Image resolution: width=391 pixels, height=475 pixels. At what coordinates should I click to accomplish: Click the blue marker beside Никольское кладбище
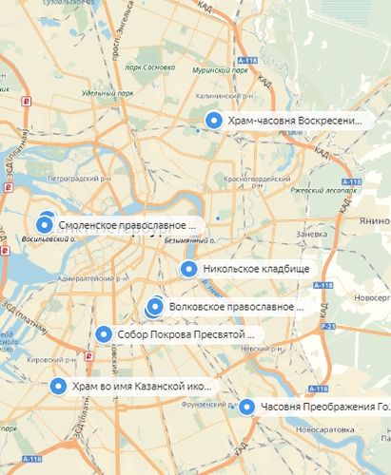[x=188, y=269]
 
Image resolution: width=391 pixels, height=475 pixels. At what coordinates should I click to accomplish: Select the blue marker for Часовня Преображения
[x=247, y=408]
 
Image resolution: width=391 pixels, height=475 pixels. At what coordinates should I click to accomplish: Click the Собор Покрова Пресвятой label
[x=186, y=334]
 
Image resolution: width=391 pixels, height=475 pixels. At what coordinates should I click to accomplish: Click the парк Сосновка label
[x=153, y=68]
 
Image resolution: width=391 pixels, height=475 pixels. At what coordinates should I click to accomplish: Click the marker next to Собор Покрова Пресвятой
[x=104, y=334]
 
